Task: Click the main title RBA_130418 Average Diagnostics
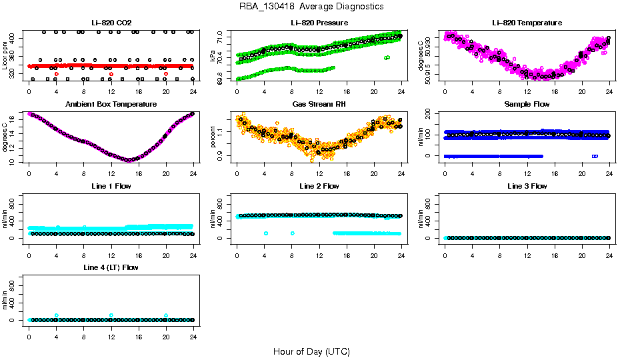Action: point(312,7)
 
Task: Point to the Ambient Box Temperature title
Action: point(111,105)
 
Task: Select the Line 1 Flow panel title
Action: point(111,186)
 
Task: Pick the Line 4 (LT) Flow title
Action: point(111,267)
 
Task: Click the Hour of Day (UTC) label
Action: point(311,351)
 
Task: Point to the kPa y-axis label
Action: point(213,57)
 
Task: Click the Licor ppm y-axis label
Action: point(5,55)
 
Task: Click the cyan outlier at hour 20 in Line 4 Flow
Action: point(166,316)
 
